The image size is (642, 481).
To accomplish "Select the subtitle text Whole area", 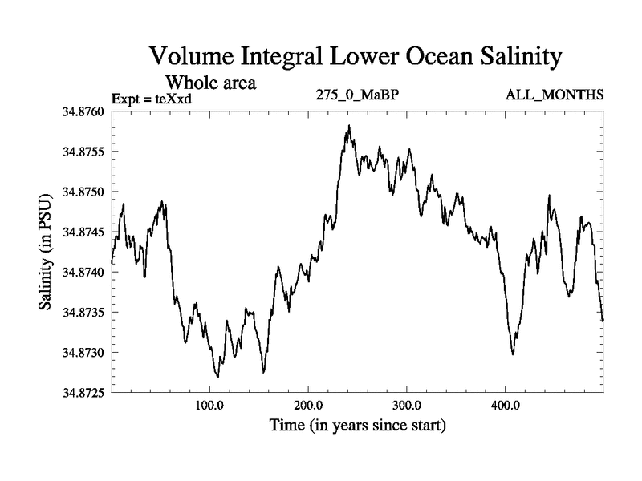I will (210, 83).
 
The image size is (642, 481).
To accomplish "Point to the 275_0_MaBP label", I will (359, 95).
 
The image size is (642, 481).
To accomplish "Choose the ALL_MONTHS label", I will (555, 95).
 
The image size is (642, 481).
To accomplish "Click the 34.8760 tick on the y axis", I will (83, 111).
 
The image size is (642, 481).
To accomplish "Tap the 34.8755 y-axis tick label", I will (83, 152).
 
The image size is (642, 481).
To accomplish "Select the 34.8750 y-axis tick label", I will (83, 192).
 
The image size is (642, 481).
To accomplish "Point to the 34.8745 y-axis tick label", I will (83, 232).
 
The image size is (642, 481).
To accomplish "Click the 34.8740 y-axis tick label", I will (83, 272).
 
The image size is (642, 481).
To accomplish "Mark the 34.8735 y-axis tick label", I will (83, 312).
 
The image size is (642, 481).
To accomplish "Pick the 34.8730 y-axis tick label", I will (83, 352).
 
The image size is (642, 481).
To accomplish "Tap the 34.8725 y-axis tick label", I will (83, 392).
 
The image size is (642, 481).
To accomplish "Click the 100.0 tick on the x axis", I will (209, 405).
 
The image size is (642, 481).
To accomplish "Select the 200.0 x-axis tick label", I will (308, 405).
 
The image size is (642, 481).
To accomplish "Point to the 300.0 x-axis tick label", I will (407, 405).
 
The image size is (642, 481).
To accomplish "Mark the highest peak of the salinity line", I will (349, 126).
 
